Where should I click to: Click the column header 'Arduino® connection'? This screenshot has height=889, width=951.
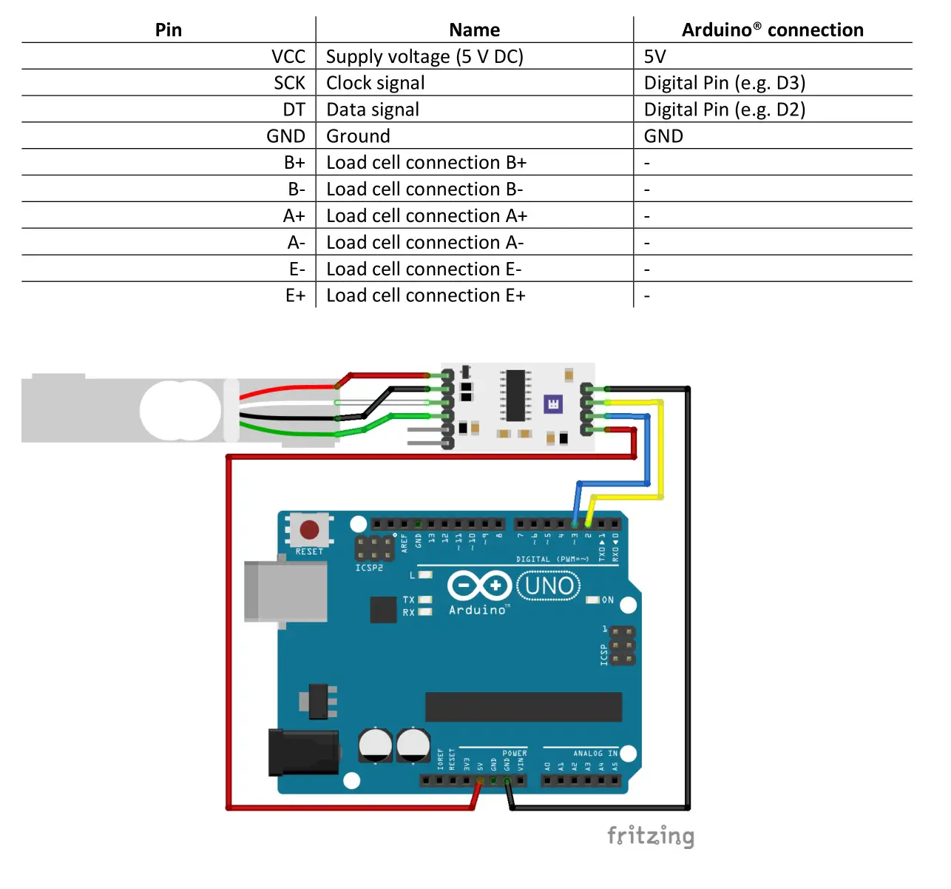(x=772, y=30)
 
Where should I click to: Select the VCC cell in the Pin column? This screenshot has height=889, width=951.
(x=288, y=56)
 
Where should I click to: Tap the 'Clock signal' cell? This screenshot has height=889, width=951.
(x=375, y=83)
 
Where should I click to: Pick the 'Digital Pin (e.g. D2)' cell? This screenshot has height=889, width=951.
(x=724, y=110)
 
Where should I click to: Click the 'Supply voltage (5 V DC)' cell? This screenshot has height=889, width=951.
(x=424, y=56)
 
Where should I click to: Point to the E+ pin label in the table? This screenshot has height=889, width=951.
(x=295, y=295)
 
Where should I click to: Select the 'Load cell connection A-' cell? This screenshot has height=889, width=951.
(x=424, y=242)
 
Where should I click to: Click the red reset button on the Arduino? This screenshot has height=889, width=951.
(x=309, y=530)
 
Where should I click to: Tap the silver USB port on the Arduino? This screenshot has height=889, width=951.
(x=285, y=591)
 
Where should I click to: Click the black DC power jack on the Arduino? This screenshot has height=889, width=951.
(x=304, y=753)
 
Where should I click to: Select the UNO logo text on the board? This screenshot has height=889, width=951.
(x=549, y=586)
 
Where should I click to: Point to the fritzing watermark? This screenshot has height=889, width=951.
(x=650, y=836)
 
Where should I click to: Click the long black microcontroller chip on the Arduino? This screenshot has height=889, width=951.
(x=523, y=707)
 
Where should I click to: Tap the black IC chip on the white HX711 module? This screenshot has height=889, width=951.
(x=515, y=395)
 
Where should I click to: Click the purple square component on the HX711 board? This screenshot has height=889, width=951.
(x=553, y=403)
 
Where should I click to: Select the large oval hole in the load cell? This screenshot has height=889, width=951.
(x=180, y=411)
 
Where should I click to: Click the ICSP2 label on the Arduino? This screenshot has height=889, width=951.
(x=369, y=568)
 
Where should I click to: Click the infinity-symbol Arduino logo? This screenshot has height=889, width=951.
(x=479, y=586)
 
